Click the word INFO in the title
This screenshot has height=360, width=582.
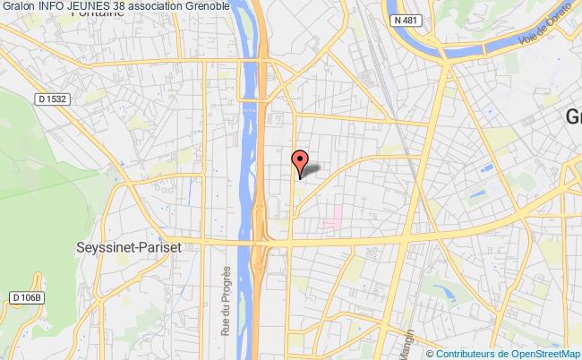[x=51, y=7]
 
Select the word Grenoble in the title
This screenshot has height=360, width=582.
[x=207, y=7]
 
